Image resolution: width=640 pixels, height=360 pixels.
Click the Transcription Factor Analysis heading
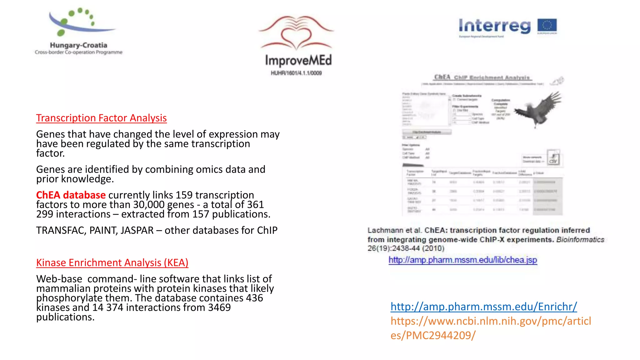pyautogui.click(x=101, y=118)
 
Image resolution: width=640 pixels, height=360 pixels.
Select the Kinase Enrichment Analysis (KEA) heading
pyautogui.click(x=112, y=263)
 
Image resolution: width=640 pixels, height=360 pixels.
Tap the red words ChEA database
pyautogui.click(x=71, y=195)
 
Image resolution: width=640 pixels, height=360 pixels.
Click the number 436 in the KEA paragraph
pyautogui.click(x=254, y=298)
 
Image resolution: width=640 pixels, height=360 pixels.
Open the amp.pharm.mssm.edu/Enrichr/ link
pyautogui.click(x=483, y=307)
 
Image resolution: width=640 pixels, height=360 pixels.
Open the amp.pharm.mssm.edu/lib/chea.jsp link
pyautogui.click(x=463, y=260)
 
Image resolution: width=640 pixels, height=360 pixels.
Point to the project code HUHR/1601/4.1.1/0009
pyautogui.click(x=296, y=73)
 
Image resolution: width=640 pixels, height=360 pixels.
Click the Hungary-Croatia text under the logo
pyautogui.click(x=78, y=45)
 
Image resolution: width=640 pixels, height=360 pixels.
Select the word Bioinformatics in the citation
pyautogui.click(x=580, y=240)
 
